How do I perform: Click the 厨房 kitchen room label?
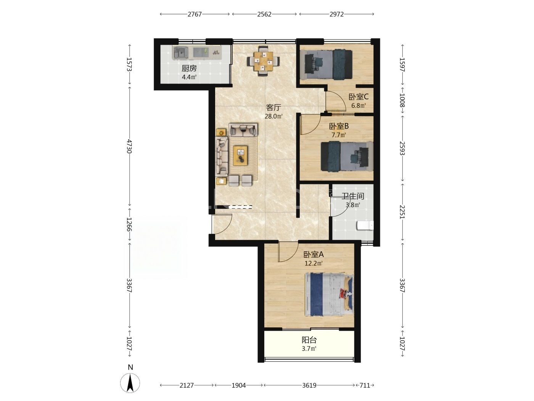[x=189, y=68]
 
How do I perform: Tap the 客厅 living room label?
[x=273, y=107]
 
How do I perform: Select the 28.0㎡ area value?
[x=273, y=116]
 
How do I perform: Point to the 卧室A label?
[x=314, y=254]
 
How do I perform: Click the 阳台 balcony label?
[x=309, y=340]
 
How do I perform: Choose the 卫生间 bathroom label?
[x=353, y=196]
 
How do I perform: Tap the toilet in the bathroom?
[x=365, y=225]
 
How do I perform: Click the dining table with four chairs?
[x=263, y=61]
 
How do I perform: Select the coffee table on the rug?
[x=240, y=155]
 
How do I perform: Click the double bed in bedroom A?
[x=329, y=294]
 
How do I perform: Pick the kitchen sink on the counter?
[x=180, y=52]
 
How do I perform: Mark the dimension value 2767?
[x=195, y=14]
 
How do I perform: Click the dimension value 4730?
[x=129, y=146]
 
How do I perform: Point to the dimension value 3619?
[x=309, y=385]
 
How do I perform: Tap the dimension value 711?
[x=365, y=385]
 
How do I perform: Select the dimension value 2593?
[x=402, y=148]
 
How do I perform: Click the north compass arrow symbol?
[x=130, y=383]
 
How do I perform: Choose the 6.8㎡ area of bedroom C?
[x=359, y=106]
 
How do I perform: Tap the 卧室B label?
[x=339, y=126]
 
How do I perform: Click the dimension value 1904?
[x=238, y=385]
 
